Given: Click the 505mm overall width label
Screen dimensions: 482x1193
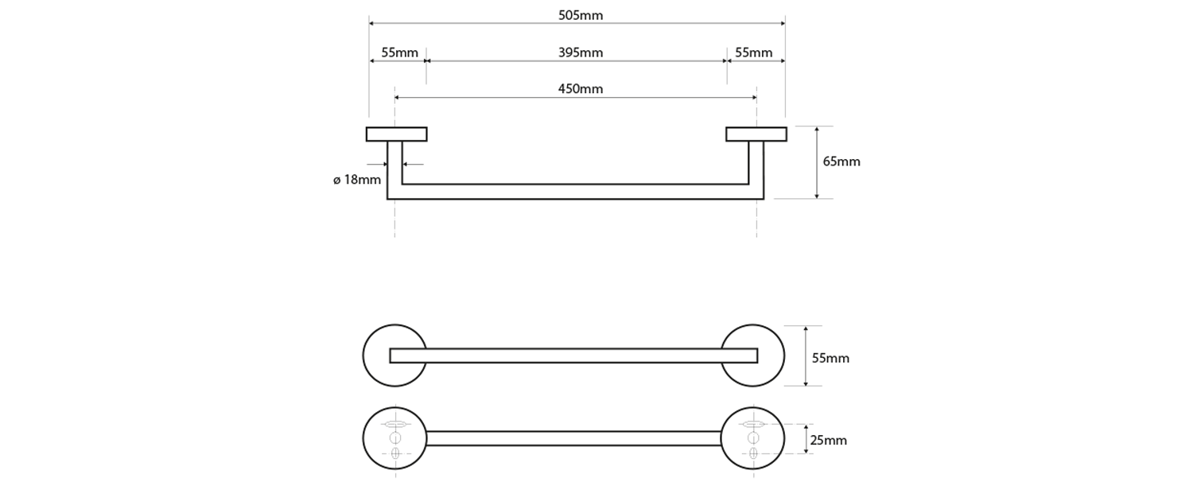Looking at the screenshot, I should pyautogui.click(x=581, y=15).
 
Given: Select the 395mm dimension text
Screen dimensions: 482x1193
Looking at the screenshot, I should pyautogui.click(x=581, y=52).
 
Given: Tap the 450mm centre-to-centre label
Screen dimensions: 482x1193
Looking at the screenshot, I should pyautogui.click(x=581, y=89).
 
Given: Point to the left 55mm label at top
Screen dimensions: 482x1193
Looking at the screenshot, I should pyautogui.click(x=399, y=52).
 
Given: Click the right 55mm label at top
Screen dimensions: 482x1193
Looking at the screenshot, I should pyautogui.click(x=753, y=52).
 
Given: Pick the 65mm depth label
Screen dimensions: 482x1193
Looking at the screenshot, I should pyautogui.click(x=841, y=161).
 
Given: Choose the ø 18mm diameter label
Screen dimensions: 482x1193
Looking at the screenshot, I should pyautogui.click(x=357, y=180).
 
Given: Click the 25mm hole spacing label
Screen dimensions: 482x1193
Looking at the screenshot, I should pyautogui.click(x=828, y=440).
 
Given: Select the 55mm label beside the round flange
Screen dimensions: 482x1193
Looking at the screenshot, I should pyautogui.click(x=830, y=358).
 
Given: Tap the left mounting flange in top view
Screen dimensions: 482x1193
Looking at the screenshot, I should pyautogui.click(x=397, y=134).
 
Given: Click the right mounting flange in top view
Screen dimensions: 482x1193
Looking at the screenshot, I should pyautogui.click(x=756, y=134).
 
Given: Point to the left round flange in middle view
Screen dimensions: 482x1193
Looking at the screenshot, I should pyautogui.click(x=375, y=356).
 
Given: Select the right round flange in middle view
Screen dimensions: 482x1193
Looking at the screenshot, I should pyautogui.click(x=771, y=356).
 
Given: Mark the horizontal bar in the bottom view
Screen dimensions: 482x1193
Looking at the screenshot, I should pyautogui.click(x=573, y=438).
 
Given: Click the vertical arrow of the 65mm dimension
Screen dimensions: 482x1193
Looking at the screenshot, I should pyautogui.click(x=817, y=162).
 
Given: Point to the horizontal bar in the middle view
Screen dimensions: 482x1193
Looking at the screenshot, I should pyautogui.click(x=573, y=356).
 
